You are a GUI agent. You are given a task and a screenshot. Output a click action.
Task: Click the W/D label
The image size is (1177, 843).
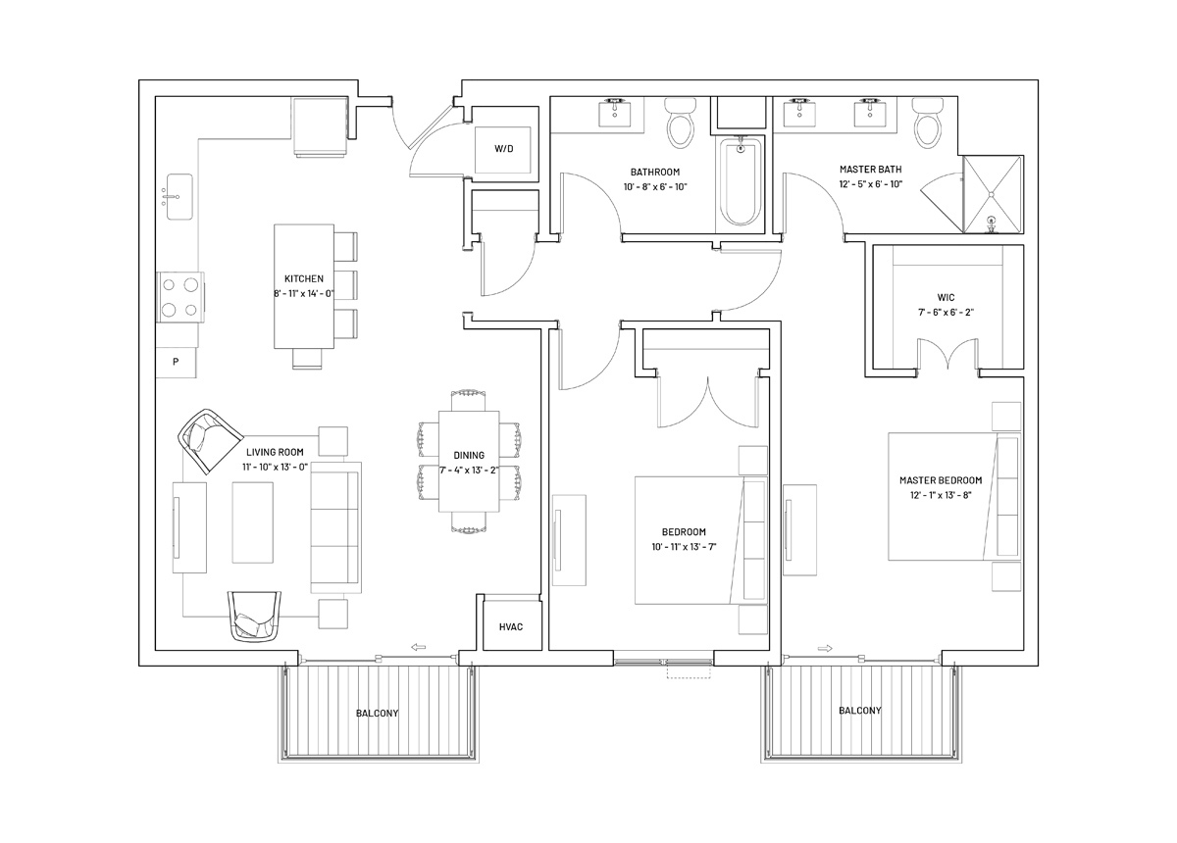point(504,149)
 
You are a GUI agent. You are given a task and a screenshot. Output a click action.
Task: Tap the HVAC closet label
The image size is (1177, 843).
point(511,626)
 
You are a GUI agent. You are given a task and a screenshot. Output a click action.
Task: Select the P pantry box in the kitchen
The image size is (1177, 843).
point(176,362)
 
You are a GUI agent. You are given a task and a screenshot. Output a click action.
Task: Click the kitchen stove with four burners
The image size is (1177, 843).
point(180,297)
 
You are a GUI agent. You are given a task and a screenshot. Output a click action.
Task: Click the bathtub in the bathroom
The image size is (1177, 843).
point(741,181)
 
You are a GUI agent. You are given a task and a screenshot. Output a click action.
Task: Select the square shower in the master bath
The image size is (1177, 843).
point(993,194)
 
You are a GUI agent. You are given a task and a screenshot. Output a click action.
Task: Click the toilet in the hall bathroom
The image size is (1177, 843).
point(681,122)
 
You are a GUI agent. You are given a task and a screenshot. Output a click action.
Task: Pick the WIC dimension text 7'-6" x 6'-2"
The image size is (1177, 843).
point(946,312)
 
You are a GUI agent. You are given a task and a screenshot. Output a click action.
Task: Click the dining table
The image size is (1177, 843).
point(469,461)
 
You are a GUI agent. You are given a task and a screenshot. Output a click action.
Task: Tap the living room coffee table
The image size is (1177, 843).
point(253,522)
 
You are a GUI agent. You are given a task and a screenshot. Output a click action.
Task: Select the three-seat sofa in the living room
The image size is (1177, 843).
point(335,528)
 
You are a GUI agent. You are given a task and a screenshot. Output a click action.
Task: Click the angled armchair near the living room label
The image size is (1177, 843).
point(210,441)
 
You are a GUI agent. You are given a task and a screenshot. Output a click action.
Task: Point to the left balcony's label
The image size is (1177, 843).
point(378,714)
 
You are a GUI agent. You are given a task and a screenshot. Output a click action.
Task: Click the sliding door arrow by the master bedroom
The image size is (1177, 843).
point(826,648)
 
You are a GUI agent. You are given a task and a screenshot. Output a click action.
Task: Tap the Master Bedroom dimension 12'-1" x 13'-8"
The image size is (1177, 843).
point(941,495)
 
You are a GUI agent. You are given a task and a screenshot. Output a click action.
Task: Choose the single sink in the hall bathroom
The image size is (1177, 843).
point(615,112)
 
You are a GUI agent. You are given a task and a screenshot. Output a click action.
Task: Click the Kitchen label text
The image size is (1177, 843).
point(304,278)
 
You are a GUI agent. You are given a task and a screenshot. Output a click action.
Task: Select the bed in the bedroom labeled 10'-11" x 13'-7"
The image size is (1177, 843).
point(701,540)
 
